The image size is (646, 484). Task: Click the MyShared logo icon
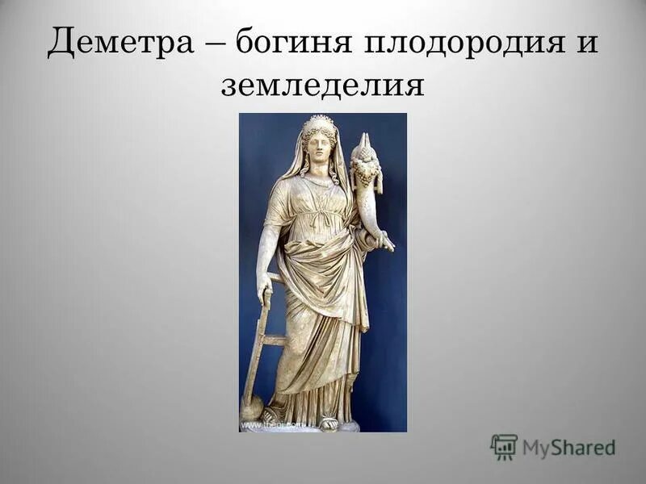pos(504,446)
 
